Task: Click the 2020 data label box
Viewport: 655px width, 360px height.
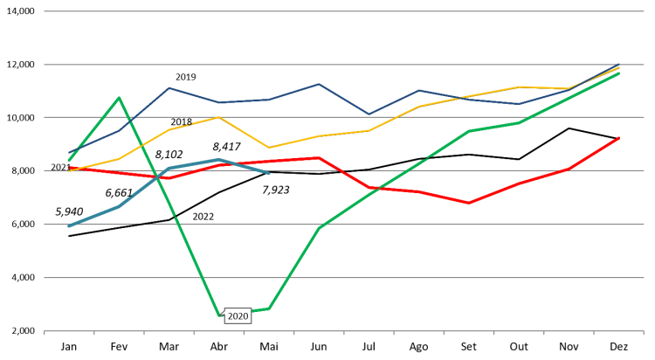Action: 238,316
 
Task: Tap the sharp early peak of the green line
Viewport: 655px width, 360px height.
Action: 119,97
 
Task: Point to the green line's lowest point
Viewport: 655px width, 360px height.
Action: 219,315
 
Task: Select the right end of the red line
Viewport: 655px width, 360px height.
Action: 619,137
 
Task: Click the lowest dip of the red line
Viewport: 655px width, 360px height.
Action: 469,203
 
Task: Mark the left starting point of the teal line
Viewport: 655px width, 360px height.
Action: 69,225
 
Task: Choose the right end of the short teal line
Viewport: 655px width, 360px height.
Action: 269,172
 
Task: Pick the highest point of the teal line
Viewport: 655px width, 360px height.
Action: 219,160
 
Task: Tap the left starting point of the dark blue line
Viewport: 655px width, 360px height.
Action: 69,153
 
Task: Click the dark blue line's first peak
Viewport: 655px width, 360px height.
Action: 169,87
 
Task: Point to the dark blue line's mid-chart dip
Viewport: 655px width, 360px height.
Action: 369,114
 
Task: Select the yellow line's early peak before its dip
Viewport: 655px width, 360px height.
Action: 219,117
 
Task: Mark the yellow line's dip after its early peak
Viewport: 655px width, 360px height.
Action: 269,148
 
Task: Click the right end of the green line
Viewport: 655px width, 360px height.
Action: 619,73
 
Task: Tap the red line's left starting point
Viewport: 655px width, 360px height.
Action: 69,168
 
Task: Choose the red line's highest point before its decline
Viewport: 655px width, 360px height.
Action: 320,158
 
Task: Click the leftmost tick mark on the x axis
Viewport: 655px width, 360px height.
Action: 45,333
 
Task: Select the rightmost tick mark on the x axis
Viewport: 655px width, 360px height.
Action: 644,333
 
